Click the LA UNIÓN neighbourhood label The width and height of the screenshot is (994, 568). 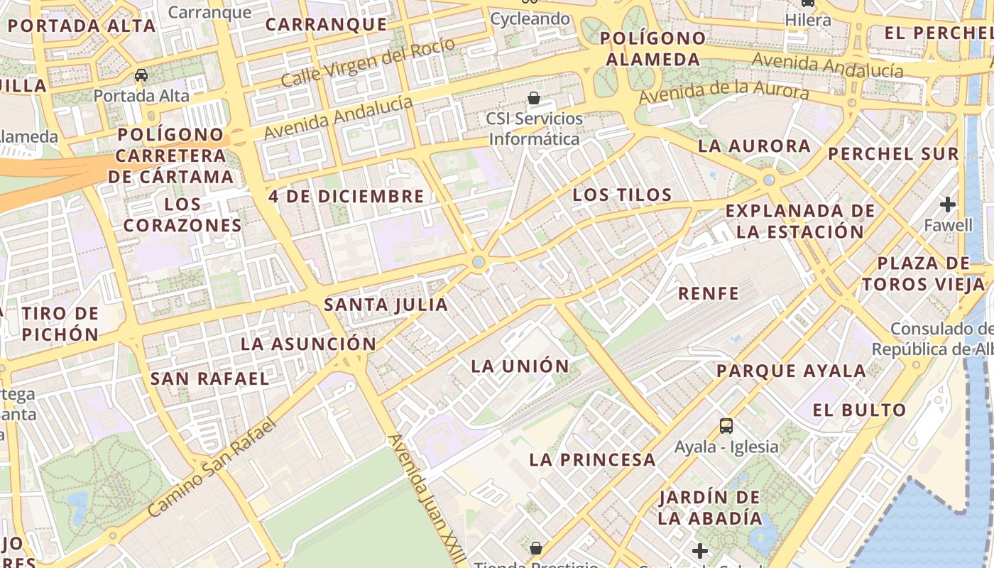tap(520, 366)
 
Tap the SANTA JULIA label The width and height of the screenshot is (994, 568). tap(386, 305)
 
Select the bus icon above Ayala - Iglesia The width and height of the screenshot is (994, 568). tap(726, 426)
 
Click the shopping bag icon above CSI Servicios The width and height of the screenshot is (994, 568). tap(534, 98)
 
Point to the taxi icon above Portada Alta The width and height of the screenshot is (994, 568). tap(141, 75)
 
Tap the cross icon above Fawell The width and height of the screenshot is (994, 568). tap(948, 205)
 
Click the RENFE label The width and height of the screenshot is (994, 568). tap(709, 293)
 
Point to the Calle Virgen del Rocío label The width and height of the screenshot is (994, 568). tap(368, 62)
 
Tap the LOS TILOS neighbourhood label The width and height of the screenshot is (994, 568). tap(622, 195)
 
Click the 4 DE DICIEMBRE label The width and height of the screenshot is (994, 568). tap(346, 197)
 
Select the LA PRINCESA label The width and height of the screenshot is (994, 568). tap(592, 459)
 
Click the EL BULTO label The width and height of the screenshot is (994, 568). tap(859, 410)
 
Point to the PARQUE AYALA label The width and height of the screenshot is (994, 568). tap(791, 371)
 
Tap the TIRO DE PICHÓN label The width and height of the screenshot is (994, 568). tap(60, 324)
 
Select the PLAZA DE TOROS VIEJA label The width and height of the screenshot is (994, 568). tap(924, 274)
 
